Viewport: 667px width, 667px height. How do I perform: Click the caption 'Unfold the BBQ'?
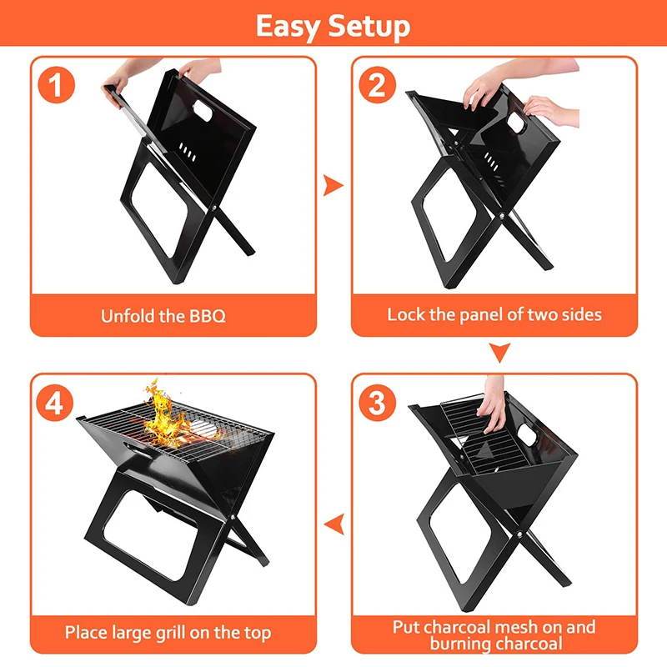click(x=163, y=316)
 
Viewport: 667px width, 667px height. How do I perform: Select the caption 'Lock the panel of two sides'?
click(x=494, y=314)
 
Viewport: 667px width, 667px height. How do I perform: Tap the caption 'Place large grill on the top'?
click(x=168, y=632)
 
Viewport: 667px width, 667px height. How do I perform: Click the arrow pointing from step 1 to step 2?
click(x=333, y=184)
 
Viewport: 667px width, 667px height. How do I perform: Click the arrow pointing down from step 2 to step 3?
click(x=499, y=354)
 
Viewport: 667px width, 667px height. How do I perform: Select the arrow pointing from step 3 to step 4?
click(x=333, y=524)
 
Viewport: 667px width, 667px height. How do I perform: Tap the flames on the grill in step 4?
click(x=163, y=417)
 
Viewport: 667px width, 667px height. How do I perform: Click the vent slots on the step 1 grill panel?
click(x=188, y=151)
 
